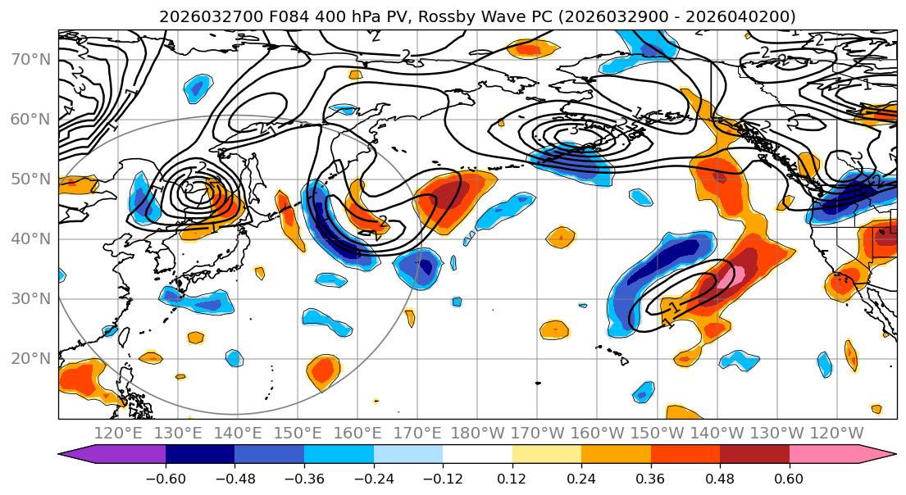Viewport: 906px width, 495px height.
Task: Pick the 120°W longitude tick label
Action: pos(836,434)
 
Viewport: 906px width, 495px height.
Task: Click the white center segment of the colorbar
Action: pos(477,455)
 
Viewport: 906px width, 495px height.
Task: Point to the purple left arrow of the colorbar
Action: pos(78,455)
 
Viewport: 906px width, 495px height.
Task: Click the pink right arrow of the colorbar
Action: pos(877,455)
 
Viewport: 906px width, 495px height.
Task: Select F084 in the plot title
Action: pos(291,17)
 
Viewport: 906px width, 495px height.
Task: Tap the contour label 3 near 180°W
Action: pos(574,129)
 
